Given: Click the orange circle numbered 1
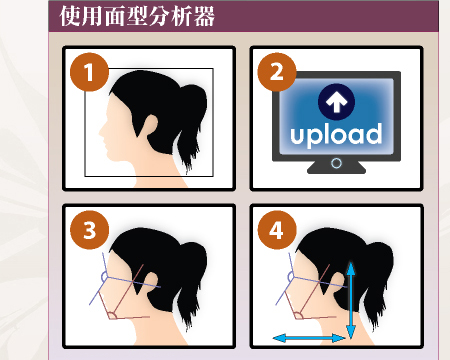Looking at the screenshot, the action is [89, 72].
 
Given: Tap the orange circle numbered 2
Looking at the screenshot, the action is [277, 72].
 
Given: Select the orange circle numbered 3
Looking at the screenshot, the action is [89, 230].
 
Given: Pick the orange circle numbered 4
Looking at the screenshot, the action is [277, 230].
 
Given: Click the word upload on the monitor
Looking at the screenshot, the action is [336, 134].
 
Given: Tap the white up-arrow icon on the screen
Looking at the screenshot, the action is [336, 102].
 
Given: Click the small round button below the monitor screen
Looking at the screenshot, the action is [337, 163].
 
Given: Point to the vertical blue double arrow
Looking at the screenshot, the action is [351, 300].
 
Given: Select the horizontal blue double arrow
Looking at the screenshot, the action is [309, 338].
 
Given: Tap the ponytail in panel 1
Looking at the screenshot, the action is [192, 128].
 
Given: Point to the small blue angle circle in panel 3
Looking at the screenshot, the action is [104, 277].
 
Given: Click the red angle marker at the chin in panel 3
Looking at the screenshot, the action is [112, 315].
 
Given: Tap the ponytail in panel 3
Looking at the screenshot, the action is [192, 286].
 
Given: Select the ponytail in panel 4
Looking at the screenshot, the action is [378, 286].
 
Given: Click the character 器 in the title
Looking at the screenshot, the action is [204, 16].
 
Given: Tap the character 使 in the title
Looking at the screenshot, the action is [70, 16].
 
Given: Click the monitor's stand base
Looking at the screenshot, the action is [336, 168].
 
